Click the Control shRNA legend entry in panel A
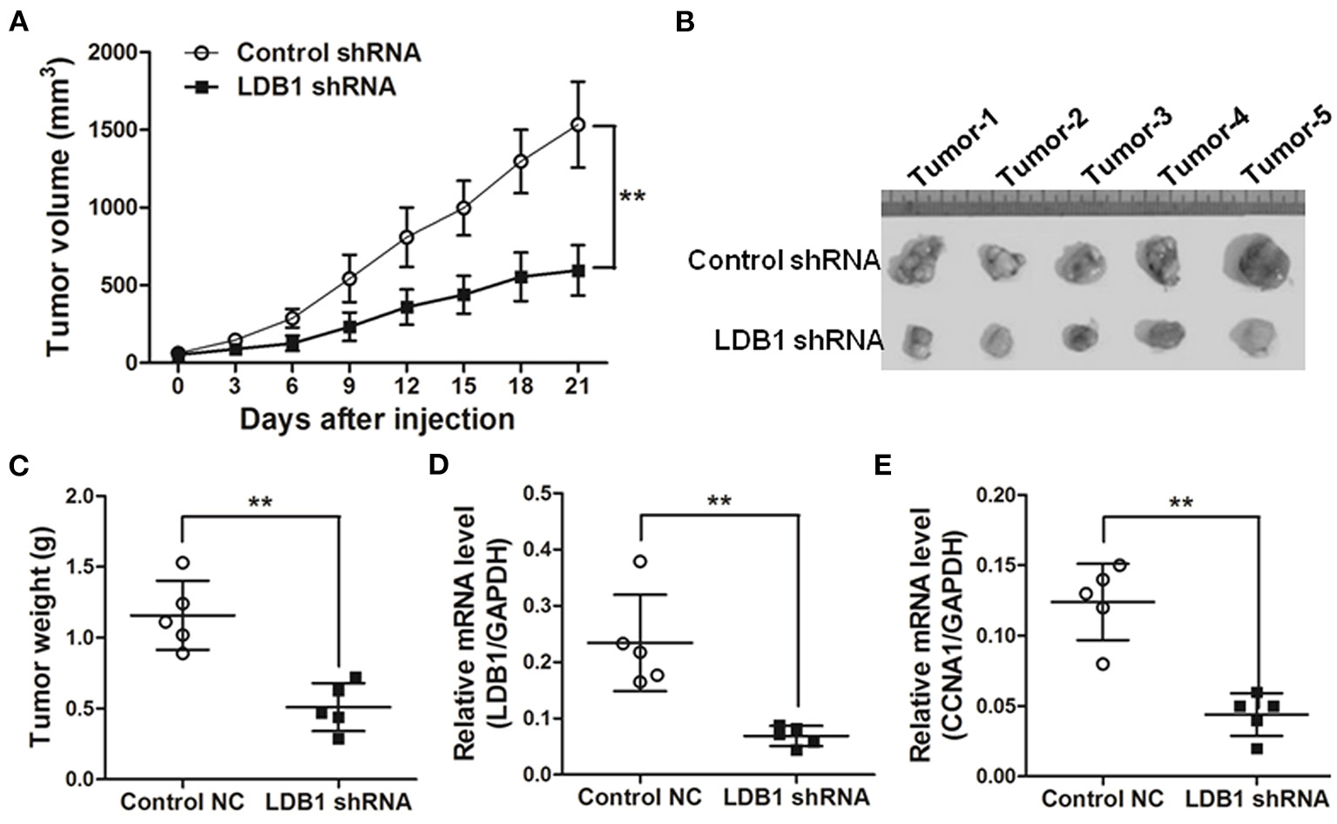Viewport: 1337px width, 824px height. point(328,52)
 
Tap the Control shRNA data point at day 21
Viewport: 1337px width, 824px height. point(577,125)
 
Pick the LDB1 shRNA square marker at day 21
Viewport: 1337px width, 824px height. point(577,270)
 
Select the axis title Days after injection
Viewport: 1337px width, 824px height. point(376,420)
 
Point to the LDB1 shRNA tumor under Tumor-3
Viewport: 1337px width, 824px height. point(1080,335)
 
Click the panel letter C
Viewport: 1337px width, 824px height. point(18,465)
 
